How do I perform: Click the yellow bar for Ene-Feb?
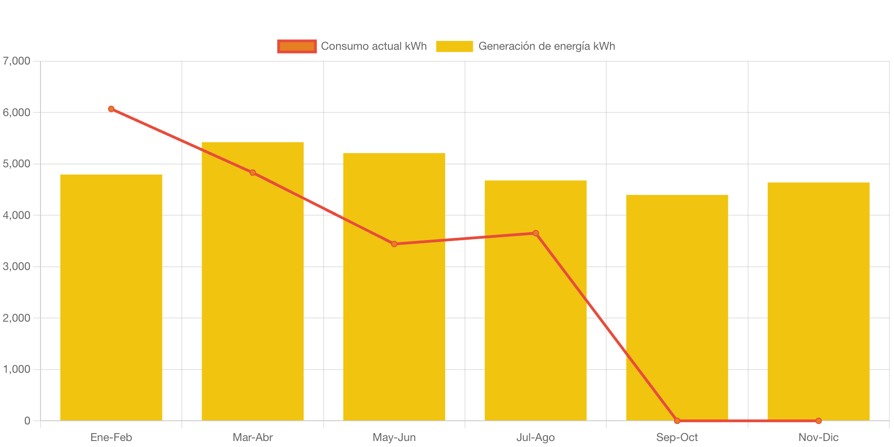coord(111,297)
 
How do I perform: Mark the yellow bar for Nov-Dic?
coord(818,301)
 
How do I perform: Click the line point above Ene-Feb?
coord(111,109)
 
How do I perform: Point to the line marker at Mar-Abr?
coord(252,173)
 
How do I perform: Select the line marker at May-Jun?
coord(394,244)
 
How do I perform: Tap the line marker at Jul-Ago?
coord(535,233)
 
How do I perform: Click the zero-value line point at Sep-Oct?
coord(677,421)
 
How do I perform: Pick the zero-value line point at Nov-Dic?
coord(818,421)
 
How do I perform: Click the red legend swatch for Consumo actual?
coord(297,46)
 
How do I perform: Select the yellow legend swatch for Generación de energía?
coord(454,46)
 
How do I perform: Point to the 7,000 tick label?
coord(17,61)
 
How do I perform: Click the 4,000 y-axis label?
coord(17,215)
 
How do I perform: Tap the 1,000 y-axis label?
coord(17,369)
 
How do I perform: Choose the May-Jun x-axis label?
coord(394,437)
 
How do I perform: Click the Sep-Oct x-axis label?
coord(677,437)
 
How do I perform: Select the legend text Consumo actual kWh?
coord(374,46)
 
